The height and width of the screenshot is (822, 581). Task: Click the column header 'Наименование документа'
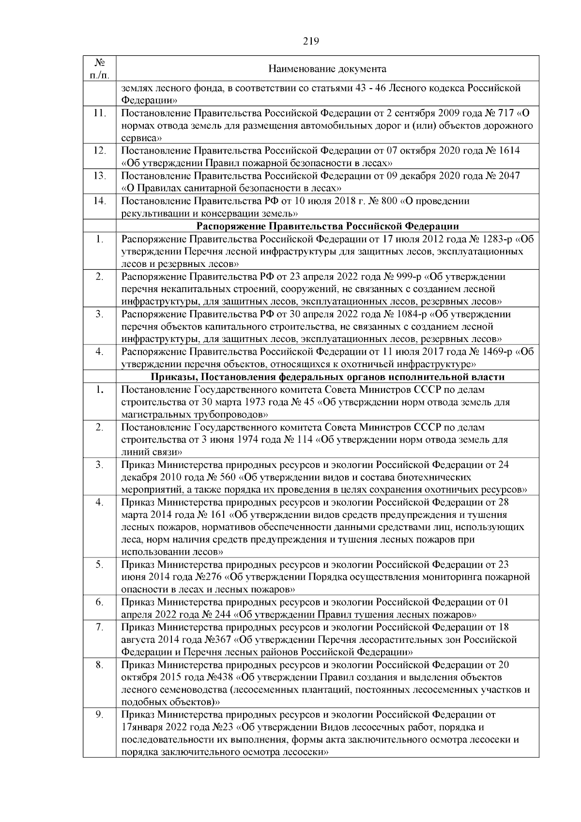[327, 69]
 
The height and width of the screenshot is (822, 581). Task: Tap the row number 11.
[100, 113]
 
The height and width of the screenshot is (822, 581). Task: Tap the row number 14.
[100, 201]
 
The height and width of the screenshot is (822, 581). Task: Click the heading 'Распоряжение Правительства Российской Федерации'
[327, 226]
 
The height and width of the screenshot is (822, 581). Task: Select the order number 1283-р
[494, 239]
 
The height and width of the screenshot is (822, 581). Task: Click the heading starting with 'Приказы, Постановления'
[327, 377]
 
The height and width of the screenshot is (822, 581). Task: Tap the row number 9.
[100, 714]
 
